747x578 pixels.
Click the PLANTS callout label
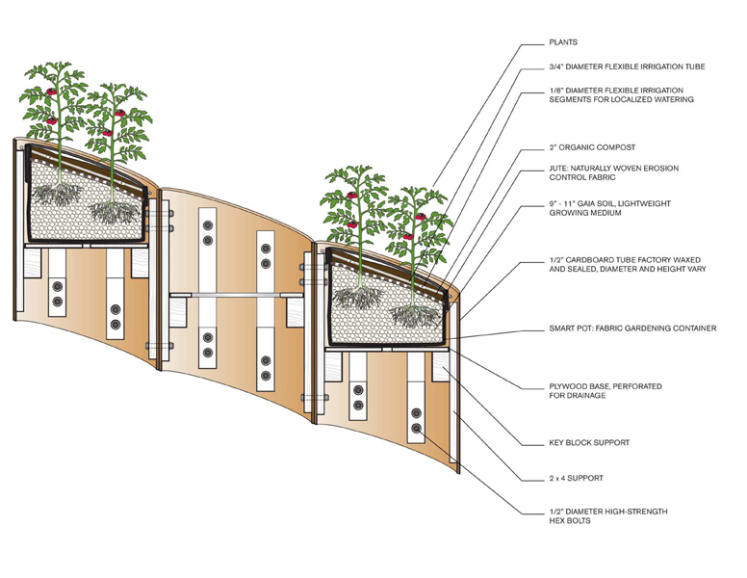point(562,42)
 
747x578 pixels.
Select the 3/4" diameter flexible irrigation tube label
point(626,67)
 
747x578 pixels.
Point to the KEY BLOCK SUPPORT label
point(589,443)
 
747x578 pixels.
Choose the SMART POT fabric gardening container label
point(631,328)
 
